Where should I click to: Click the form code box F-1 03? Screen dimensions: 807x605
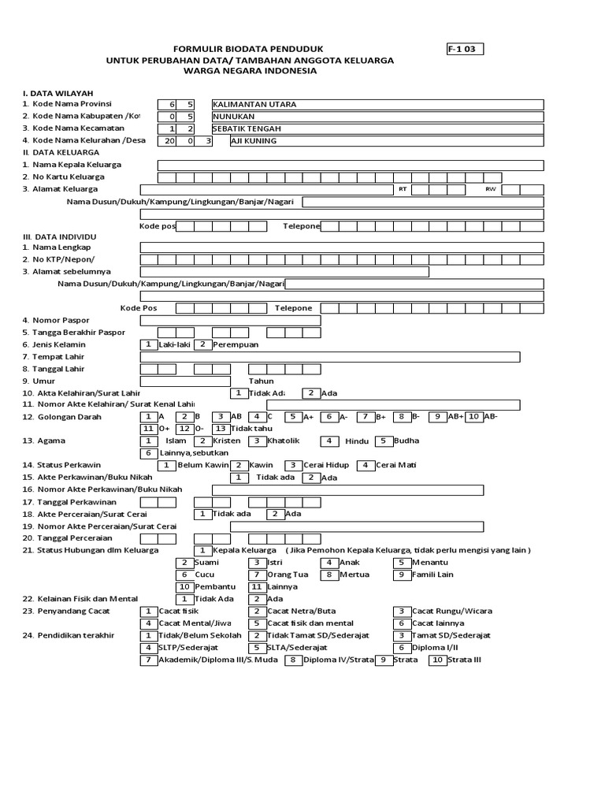tap(465, 49)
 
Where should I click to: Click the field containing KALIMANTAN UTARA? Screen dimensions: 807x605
tap(377, 104)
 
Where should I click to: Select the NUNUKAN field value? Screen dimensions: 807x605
tap(377, 116)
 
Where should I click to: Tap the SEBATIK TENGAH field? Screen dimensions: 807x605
tap(377, 128)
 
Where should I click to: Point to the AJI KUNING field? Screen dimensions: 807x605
tap(385, 141)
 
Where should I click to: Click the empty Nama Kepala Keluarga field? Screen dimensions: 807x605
tap(351, 165)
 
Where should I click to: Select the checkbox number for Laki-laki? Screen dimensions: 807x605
tap(147, 344)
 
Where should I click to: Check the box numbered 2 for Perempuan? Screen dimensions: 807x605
tap(202, 344)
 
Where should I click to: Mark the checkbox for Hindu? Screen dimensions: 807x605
tap(329, 441)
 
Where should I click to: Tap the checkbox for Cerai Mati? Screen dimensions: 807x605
tap(366, 465)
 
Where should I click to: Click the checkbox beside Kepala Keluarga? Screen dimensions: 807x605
tap(202, 550)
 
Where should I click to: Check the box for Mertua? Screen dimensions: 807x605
tap(329, 575)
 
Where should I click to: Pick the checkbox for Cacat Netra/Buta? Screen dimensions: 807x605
tap(256, 611)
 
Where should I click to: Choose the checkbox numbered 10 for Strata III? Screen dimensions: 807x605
tap(437, 660)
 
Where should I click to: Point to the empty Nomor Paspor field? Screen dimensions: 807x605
tap(230, 320)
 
